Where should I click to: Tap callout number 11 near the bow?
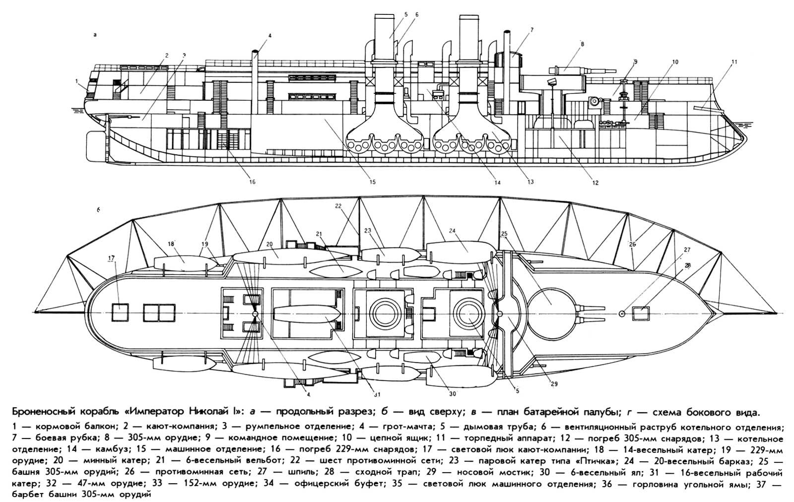click(x=734, y=62)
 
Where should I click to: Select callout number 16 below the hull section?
click(x=252, y=182)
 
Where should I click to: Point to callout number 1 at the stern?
click(x=77, y=80)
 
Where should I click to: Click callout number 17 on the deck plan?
click(x=111, y=258)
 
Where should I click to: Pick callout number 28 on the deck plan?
click(x=687, y=266)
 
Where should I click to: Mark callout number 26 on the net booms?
click(x=632, y=244)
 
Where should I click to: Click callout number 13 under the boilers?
click(x=530, y=182)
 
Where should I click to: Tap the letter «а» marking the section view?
click(x=94, y=35)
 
